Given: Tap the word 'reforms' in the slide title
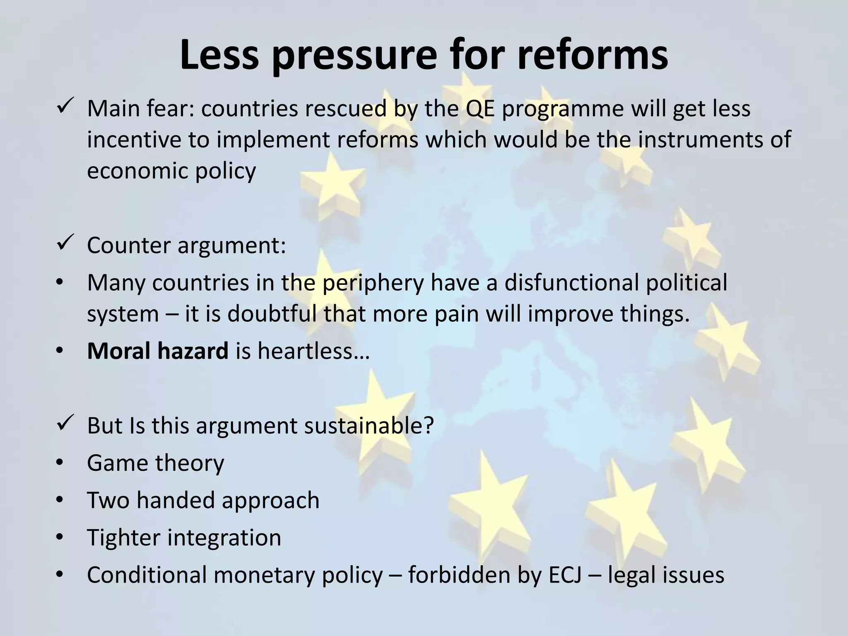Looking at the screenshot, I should click(592, 55).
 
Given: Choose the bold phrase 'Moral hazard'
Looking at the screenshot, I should click(157, 351).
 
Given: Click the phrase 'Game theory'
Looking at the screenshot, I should click(155, 463).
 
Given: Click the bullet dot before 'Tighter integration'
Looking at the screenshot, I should click(60, 537).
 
